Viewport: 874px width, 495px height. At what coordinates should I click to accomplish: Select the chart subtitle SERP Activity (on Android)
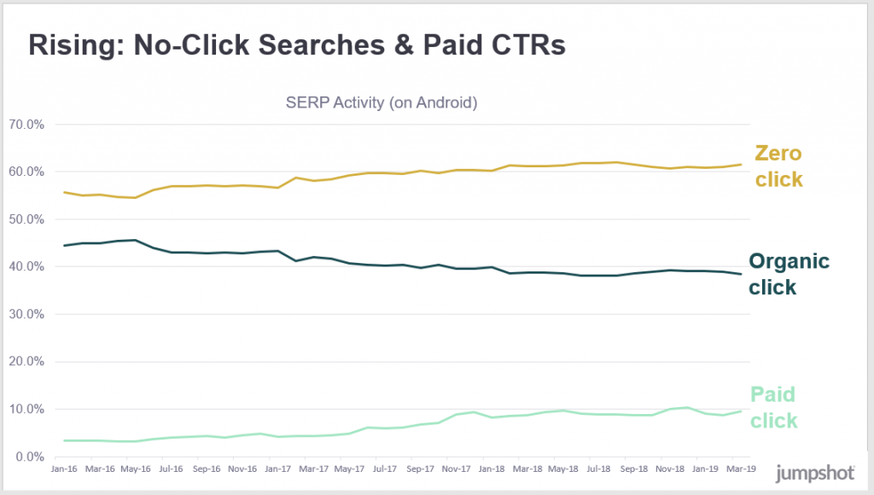(x=381, y=103)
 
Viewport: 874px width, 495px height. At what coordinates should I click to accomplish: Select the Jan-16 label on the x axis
(x=65, y=469)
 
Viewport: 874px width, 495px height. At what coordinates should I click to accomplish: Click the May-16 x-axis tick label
(x=135, y=469)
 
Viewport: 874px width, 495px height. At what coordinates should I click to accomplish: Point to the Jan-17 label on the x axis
(x=277, y=469)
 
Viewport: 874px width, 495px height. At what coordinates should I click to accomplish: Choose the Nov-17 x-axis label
(x=457, y=469)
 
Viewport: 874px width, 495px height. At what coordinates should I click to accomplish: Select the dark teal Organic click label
(x=788, y=274)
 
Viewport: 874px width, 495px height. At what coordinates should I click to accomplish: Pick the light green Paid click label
(x=773, y=407)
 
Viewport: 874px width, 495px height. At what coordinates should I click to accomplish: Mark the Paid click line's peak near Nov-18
(x=687, y=407)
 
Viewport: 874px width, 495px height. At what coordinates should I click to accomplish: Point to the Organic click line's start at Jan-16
(x=65, y=246)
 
